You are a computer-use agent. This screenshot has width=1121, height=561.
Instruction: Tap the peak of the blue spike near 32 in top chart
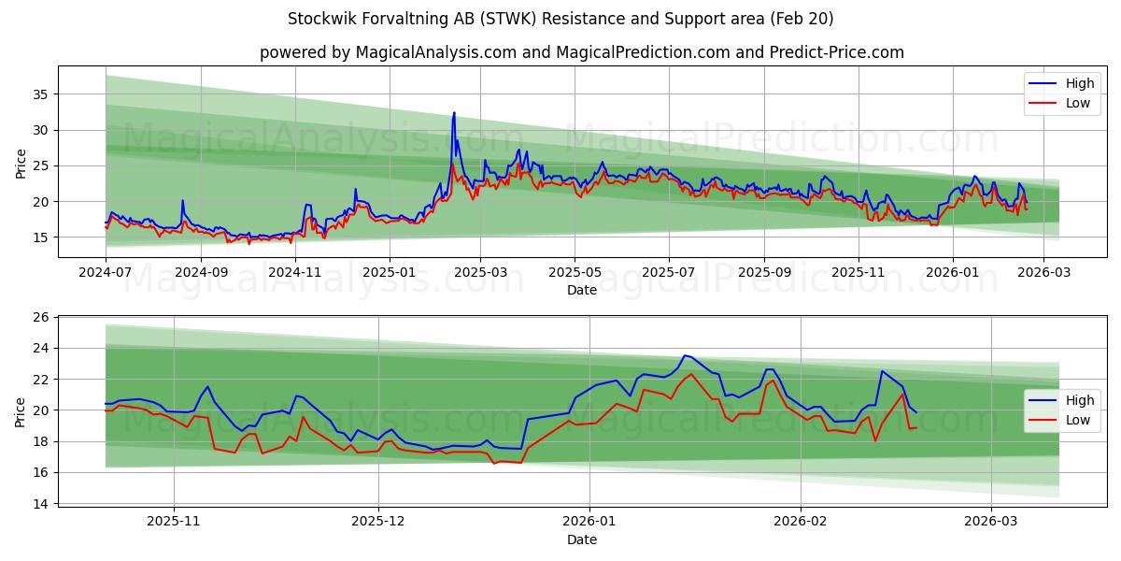point(454,113)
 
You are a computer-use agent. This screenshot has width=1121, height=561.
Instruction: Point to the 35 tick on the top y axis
point(42,94)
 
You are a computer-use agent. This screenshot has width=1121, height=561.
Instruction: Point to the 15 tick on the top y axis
point(42,237)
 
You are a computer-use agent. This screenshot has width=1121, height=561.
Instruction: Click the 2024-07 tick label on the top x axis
point(106,273)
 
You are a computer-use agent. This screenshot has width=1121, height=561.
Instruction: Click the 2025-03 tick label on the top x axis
point(480,273)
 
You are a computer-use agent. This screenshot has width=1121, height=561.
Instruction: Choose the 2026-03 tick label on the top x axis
point(1044,273)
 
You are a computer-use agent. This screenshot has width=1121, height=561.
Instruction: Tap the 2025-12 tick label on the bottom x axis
point(378,522)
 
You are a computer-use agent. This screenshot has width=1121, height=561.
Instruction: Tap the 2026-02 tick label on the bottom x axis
point(802,522)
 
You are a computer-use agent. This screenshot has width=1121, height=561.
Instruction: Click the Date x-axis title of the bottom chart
point(581,539)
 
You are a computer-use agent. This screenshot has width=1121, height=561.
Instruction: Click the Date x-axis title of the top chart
point(581,291)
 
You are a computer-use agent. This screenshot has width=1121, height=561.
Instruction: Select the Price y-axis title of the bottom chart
point(21,410)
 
